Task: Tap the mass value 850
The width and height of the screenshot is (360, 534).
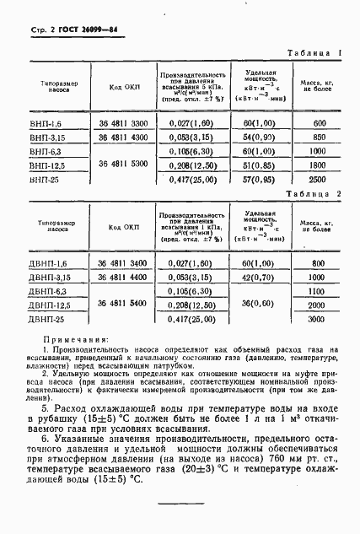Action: pos(317,137)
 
